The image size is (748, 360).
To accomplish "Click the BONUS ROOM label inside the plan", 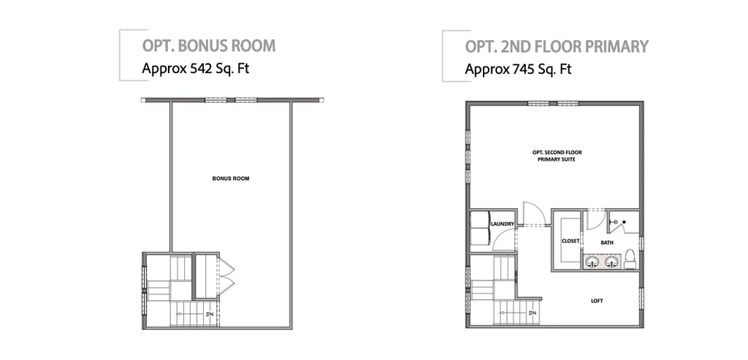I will pyautogui.click(x=232, y=177).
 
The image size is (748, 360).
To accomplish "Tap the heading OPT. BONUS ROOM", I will pyautogui.click(x=208, y=46).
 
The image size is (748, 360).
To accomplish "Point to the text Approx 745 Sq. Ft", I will pyautogui.click(x=519, y=71).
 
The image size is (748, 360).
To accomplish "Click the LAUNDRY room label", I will pyautogui.click(x=503, y=224).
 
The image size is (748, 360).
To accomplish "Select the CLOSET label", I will pyautogui.click(x=570, y=240).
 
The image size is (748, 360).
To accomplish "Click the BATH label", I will pyautogui.click(x=607, y=242).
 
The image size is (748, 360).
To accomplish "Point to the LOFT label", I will pyautogui.click(x=597, y=301).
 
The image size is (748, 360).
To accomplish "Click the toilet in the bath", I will pyautogui.click(x=630, y=258).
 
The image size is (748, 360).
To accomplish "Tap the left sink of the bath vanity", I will pyautogui.click(x=592, y=261).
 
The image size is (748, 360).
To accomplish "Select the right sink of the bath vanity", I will pyautogui.click(x=612, y=261).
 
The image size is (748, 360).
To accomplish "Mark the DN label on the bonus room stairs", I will pyautogui.click(x=209, y=315).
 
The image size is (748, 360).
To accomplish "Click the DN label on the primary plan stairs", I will pyautogui.click(x=533, y=314).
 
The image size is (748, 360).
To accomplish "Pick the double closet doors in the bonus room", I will pyautogui.click(x=226, y=274).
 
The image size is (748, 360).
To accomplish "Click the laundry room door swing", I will pyautogui.click(x=505, y=240).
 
